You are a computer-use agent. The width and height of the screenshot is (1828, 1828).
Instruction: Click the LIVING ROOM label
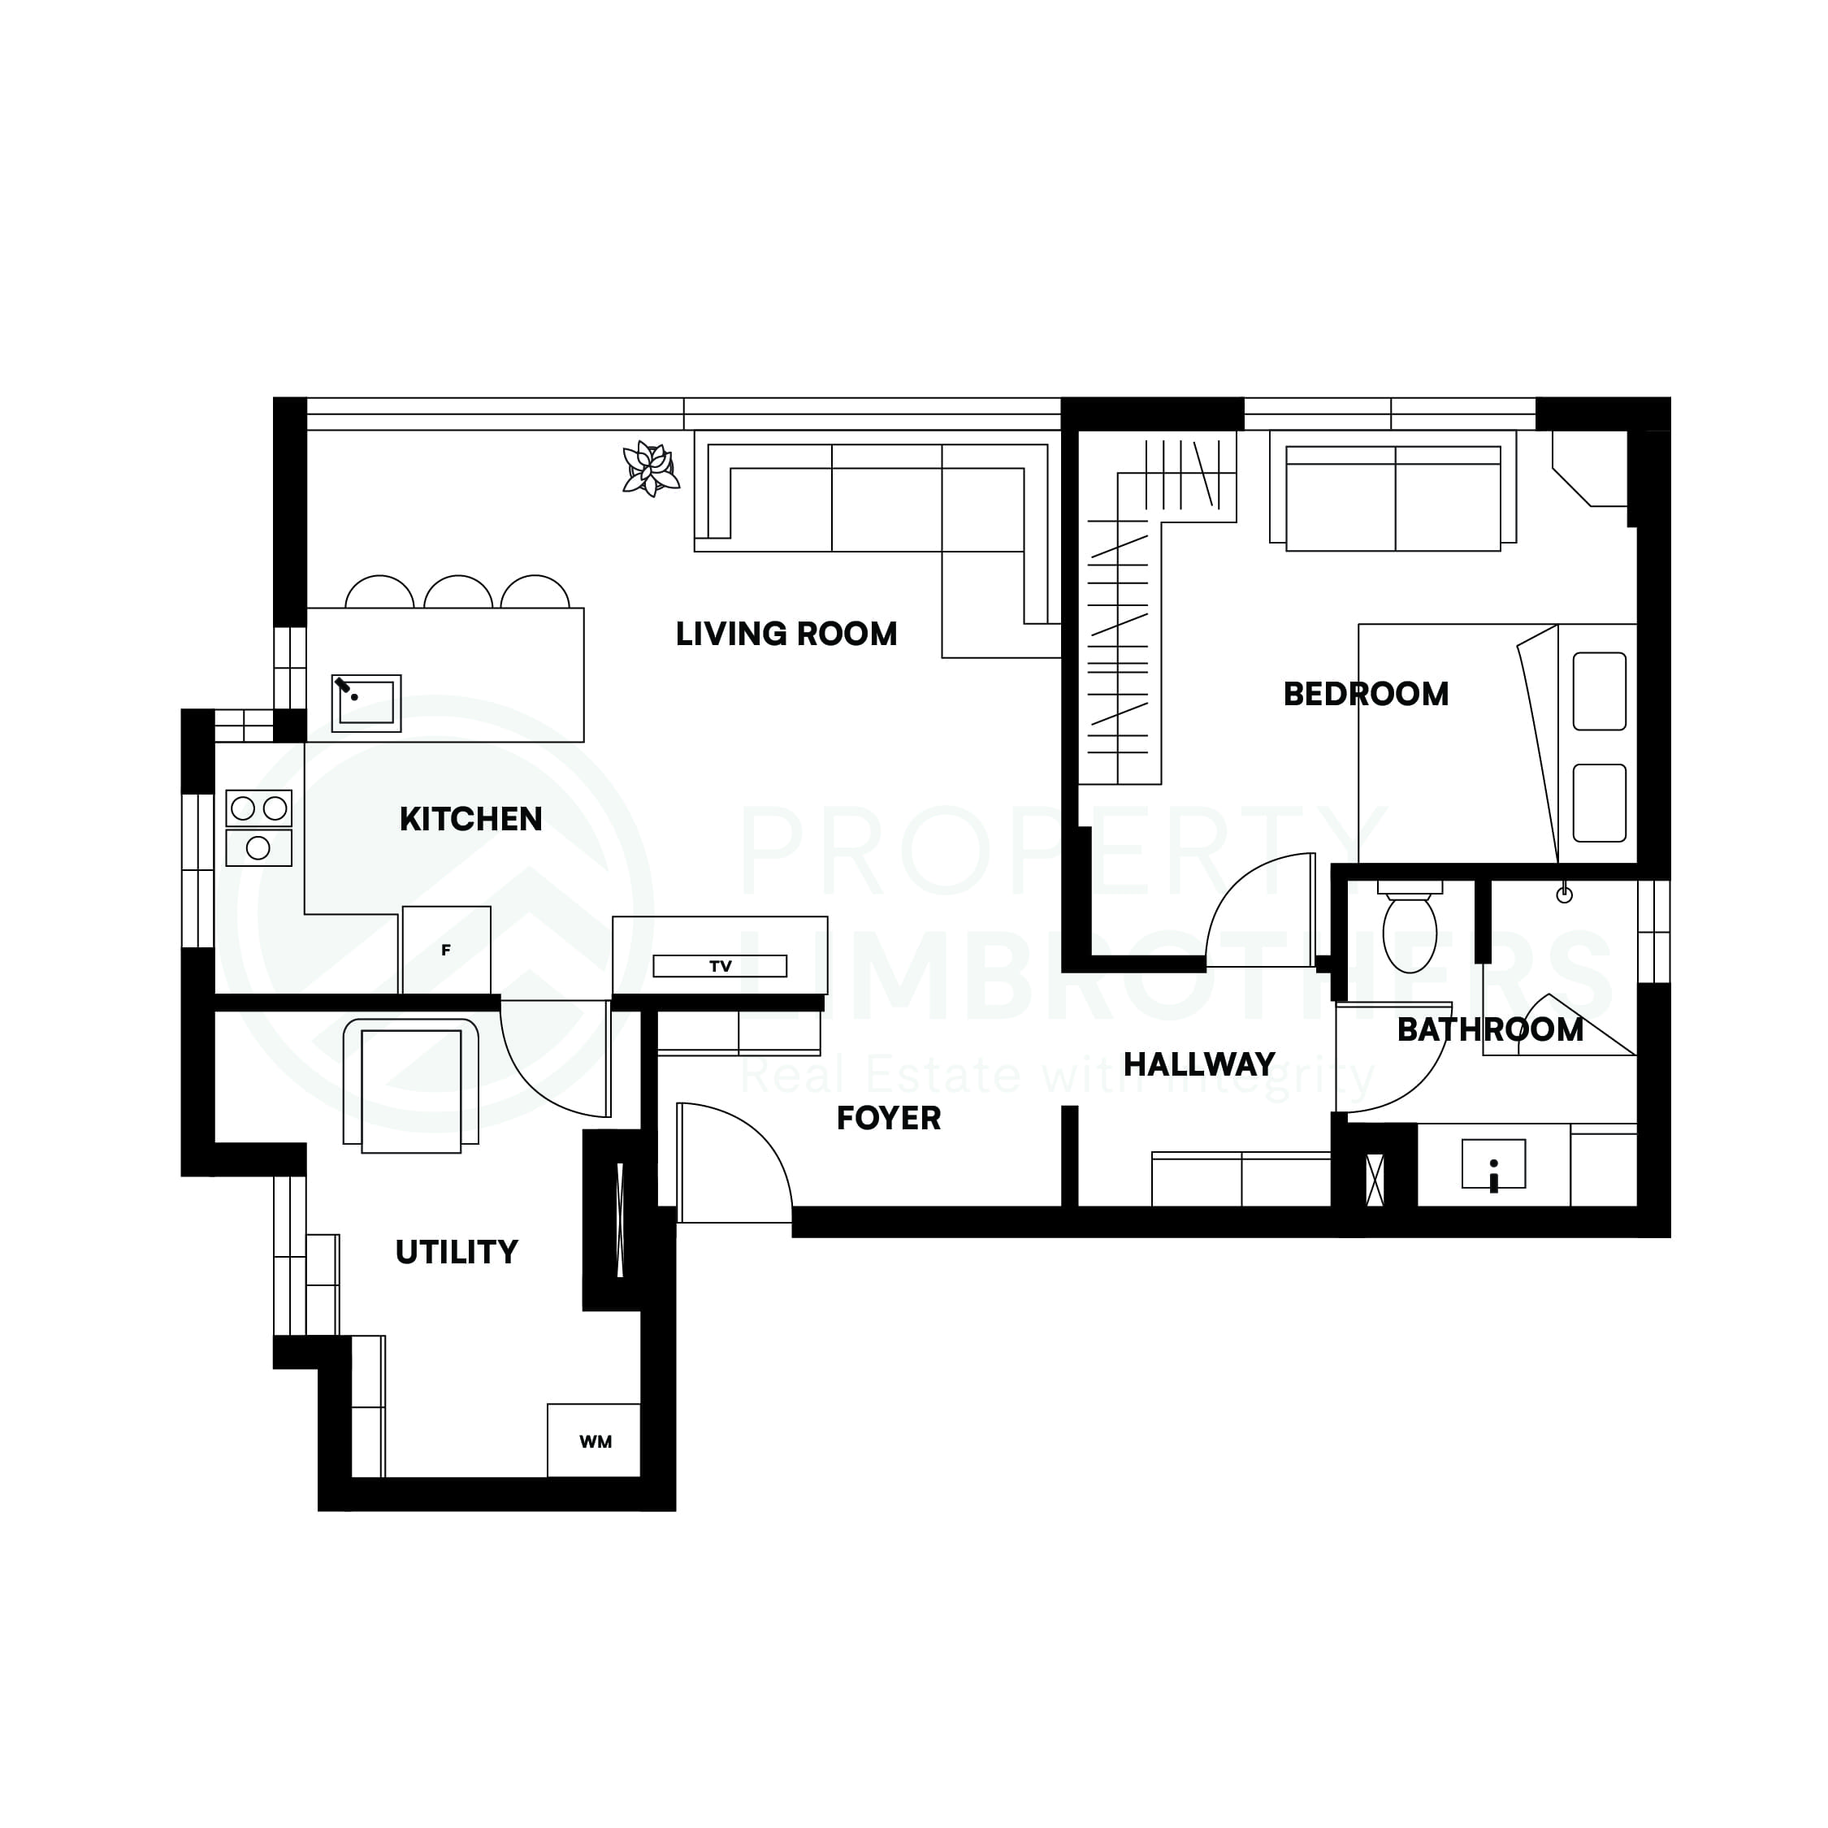coord(786,634)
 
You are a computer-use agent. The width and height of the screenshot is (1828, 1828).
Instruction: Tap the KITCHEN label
coord(470,818)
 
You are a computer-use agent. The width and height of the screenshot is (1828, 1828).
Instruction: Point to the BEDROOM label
coord(1366,695)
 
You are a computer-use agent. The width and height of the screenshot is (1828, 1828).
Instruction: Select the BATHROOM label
coord(1489,1029)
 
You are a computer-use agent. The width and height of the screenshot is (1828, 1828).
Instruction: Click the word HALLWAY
coord(1199,1064)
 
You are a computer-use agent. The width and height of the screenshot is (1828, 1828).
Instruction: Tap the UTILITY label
coord(456,1252)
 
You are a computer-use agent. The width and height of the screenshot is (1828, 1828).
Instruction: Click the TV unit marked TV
coord(720,966)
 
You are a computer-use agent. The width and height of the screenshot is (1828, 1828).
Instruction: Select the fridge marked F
coord(447,950)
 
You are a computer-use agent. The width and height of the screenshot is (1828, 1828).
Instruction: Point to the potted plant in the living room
coord(650,468)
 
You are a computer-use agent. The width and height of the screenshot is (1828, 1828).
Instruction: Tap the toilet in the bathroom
coord(1410,932)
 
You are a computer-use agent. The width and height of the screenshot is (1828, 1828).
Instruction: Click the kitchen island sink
coord(366,703)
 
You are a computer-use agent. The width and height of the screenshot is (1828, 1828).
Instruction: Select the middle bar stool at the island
coord(458,593)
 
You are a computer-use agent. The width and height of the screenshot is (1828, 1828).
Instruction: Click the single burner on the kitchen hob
coord(258,847)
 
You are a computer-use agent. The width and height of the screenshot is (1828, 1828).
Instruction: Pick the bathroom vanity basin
coord(1493,1163)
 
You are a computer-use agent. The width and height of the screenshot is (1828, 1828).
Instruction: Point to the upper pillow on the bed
coord(1599,691)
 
